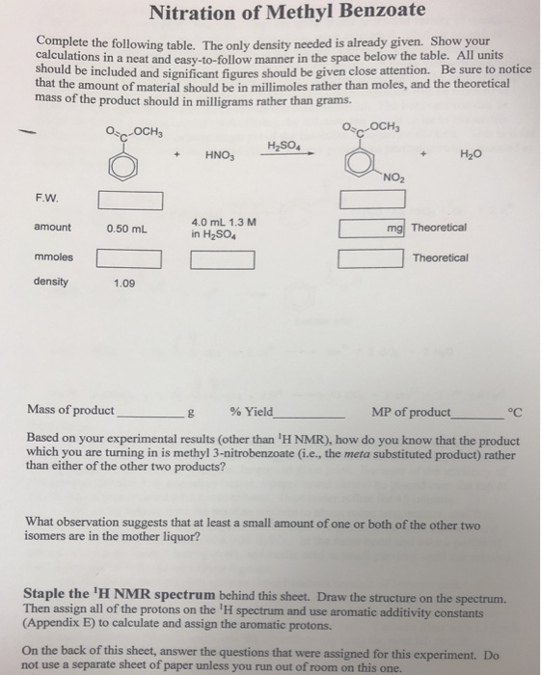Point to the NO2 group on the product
pos(392,177)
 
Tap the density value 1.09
pos(123,283)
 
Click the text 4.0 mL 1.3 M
pos(224,221)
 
